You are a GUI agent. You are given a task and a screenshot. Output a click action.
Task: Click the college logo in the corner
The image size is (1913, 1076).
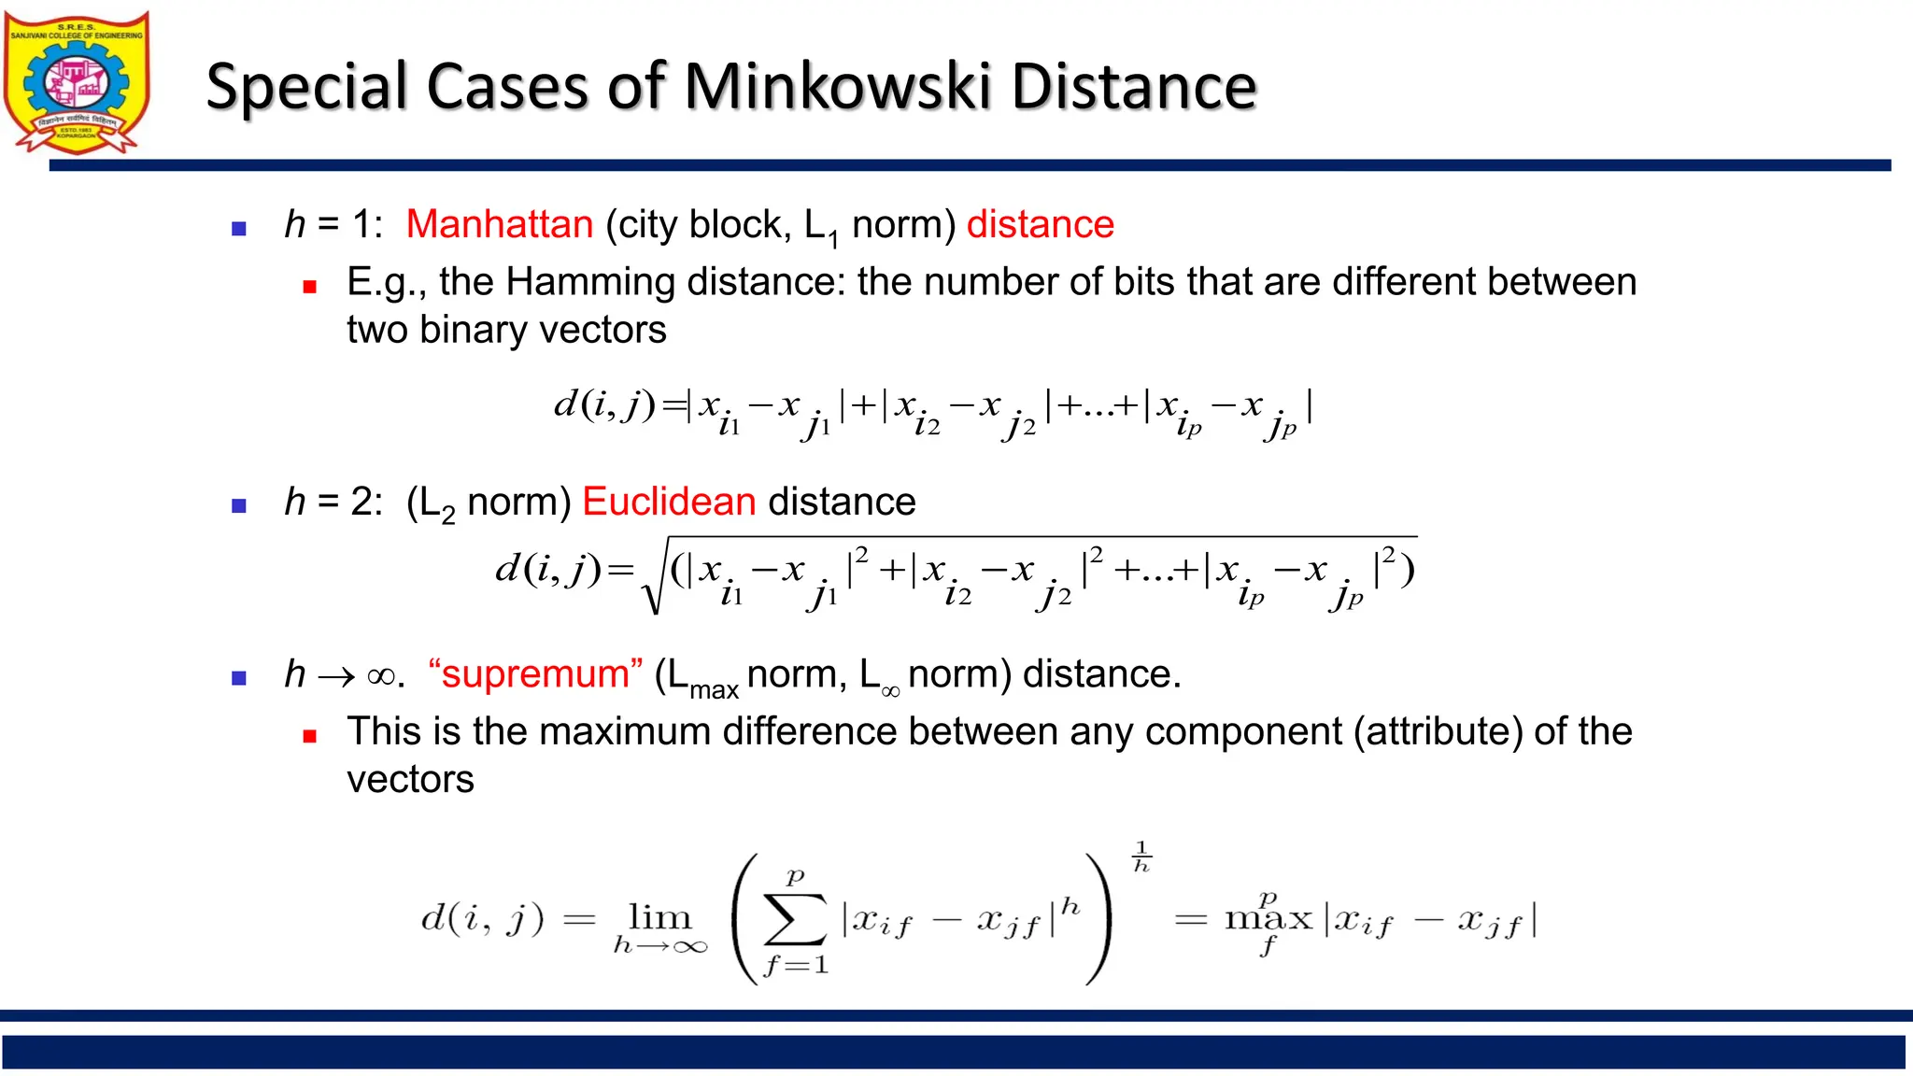(x=77, y=82)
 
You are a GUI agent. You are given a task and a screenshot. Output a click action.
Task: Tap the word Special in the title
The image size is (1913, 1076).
(x=307, y=87)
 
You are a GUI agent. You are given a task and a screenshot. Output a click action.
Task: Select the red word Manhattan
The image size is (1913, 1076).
(x=500, y=224)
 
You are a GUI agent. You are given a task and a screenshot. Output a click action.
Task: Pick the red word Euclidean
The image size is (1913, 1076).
(x=669, y=502)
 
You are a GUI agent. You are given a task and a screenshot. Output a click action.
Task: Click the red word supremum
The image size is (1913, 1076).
(x=535, y=673)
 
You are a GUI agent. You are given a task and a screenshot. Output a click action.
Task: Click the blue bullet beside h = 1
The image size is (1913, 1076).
(x=239, y=228)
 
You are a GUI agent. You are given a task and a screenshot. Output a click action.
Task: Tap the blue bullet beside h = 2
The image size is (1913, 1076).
(x=239, y=506)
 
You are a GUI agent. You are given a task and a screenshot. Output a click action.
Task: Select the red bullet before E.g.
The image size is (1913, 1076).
(x=310, y=287)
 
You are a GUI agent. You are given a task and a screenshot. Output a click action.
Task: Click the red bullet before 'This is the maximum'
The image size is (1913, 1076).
(x=310, y=736)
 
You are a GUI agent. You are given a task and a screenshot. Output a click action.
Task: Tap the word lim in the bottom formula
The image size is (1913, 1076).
(x=659, y=917)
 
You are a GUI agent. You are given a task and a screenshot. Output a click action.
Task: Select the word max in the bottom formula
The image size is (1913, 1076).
(x=1268, y=919)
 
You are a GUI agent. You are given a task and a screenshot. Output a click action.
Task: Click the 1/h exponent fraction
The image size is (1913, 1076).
(x=1141, y=857)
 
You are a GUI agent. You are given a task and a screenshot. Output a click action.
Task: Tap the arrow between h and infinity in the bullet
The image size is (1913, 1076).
(x=336, y=675)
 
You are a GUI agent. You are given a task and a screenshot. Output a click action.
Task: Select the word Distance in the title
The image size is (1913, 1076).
(x=1134, y=87)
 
